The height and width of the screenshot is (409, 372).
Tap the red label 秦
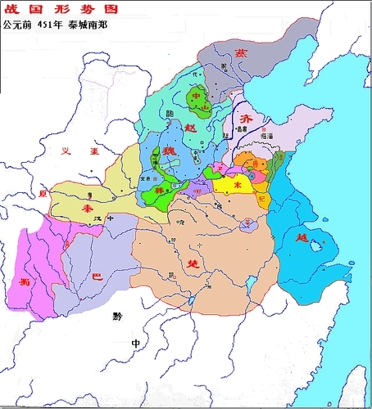(x=87, y=209)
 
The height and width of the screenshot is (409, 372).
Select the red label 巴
(x=97, y=276)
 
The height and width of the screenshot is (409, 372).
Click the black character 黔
(x=117, y=315)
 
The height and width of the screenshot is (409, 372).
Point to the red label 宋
(x=238, y=186)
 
